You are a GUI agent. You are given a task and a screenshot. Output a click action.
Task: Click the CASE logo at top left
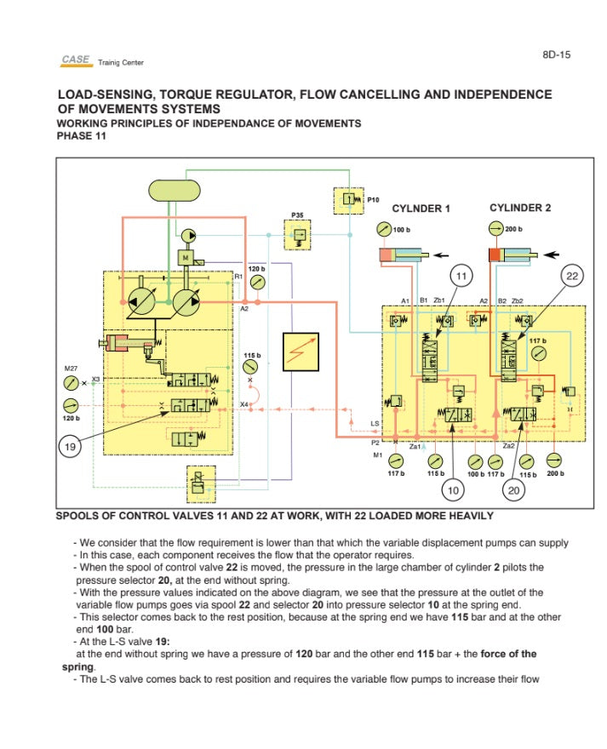point(76,60)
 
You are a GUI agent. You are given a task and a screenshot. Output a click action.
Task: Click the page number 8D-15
point(556,55)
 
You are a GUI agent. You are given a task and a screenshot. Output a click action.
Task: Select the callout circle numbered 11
point(461,276)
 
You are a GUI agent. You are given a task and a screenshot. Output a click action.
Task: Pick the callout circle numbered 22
point(572,276)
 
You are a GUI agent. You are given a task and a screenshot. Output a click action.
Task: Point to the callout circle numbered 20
point(513,489)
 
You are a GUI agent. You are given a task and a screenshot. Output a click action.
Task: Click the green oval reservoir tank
point(173,189)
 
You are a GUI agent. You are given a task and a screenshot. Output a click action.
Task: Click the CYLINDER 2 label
point(520,208)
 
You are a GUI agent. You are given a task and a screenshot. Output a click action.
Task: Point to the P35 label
point(297,215)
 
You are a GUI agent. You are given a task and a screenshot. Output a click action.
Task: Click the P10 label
point(372,199)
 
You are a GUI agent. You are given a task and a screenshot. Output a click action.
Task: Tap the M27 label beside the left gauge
point(71,368)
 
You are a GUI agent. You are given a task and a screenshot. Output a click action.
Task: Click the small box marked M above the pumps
point(185,254)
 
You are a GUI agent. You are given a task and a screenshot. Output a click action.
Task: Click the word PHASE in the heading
point(72,135)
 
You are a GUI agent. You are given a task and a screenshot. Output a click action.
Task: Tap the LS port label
point(375,423)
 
